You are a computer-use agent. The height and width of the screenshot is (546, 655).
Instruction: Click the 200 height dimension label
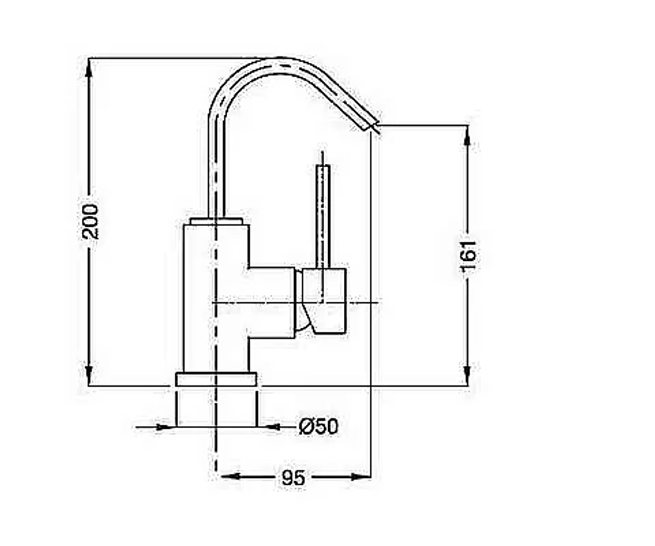pyautogui.click(x=90, y=222)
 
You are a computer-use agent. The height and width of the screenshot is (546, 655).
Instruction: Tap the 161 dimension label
pyautogui.click(x=468, y=255)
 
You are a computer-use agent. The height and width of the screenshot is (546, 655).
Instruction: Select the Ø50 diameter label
pyautogui.click(x=318, y=427)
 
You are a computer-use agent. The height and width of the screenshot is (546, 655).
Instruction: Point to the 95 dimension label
pyautogui.click(x=293, y=477)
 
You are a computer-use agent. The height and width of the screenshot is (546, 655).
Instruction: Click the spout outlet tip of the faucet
pyautogui.click(x=375, y=127)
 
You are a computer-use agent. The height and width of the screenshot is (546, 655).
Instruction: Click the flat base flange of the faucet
pyautogui.click(x=216, y=380)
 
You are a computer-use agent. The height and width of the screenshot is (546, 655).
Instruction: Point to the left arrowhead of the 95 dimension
pyautogui.click(x=230, y=476)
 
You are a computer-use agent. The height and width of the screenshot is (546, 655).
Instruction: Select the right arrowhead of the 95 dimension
pyautogui.click(x=361, y=476)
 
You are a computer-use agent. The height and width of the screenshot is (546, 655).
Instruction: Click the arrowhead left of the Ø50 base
pyautogui.click(x=166, y=427)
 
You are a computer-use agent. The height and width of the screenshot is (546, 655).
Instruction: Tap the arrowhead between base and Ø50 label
pyautogui.click(x=267, y=427)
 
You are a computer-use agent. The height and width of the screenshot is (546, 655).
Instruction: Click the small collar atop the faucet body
pyautogui.click(x=216, y=221)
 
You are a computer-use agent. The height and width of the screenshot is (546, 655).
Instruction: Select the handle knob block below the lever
pyautogui.click(x=324, y=301)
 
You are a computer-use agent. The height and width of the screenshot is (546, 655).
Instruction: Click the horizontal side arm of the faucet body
pyautogui.click(x=272, y=302)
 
